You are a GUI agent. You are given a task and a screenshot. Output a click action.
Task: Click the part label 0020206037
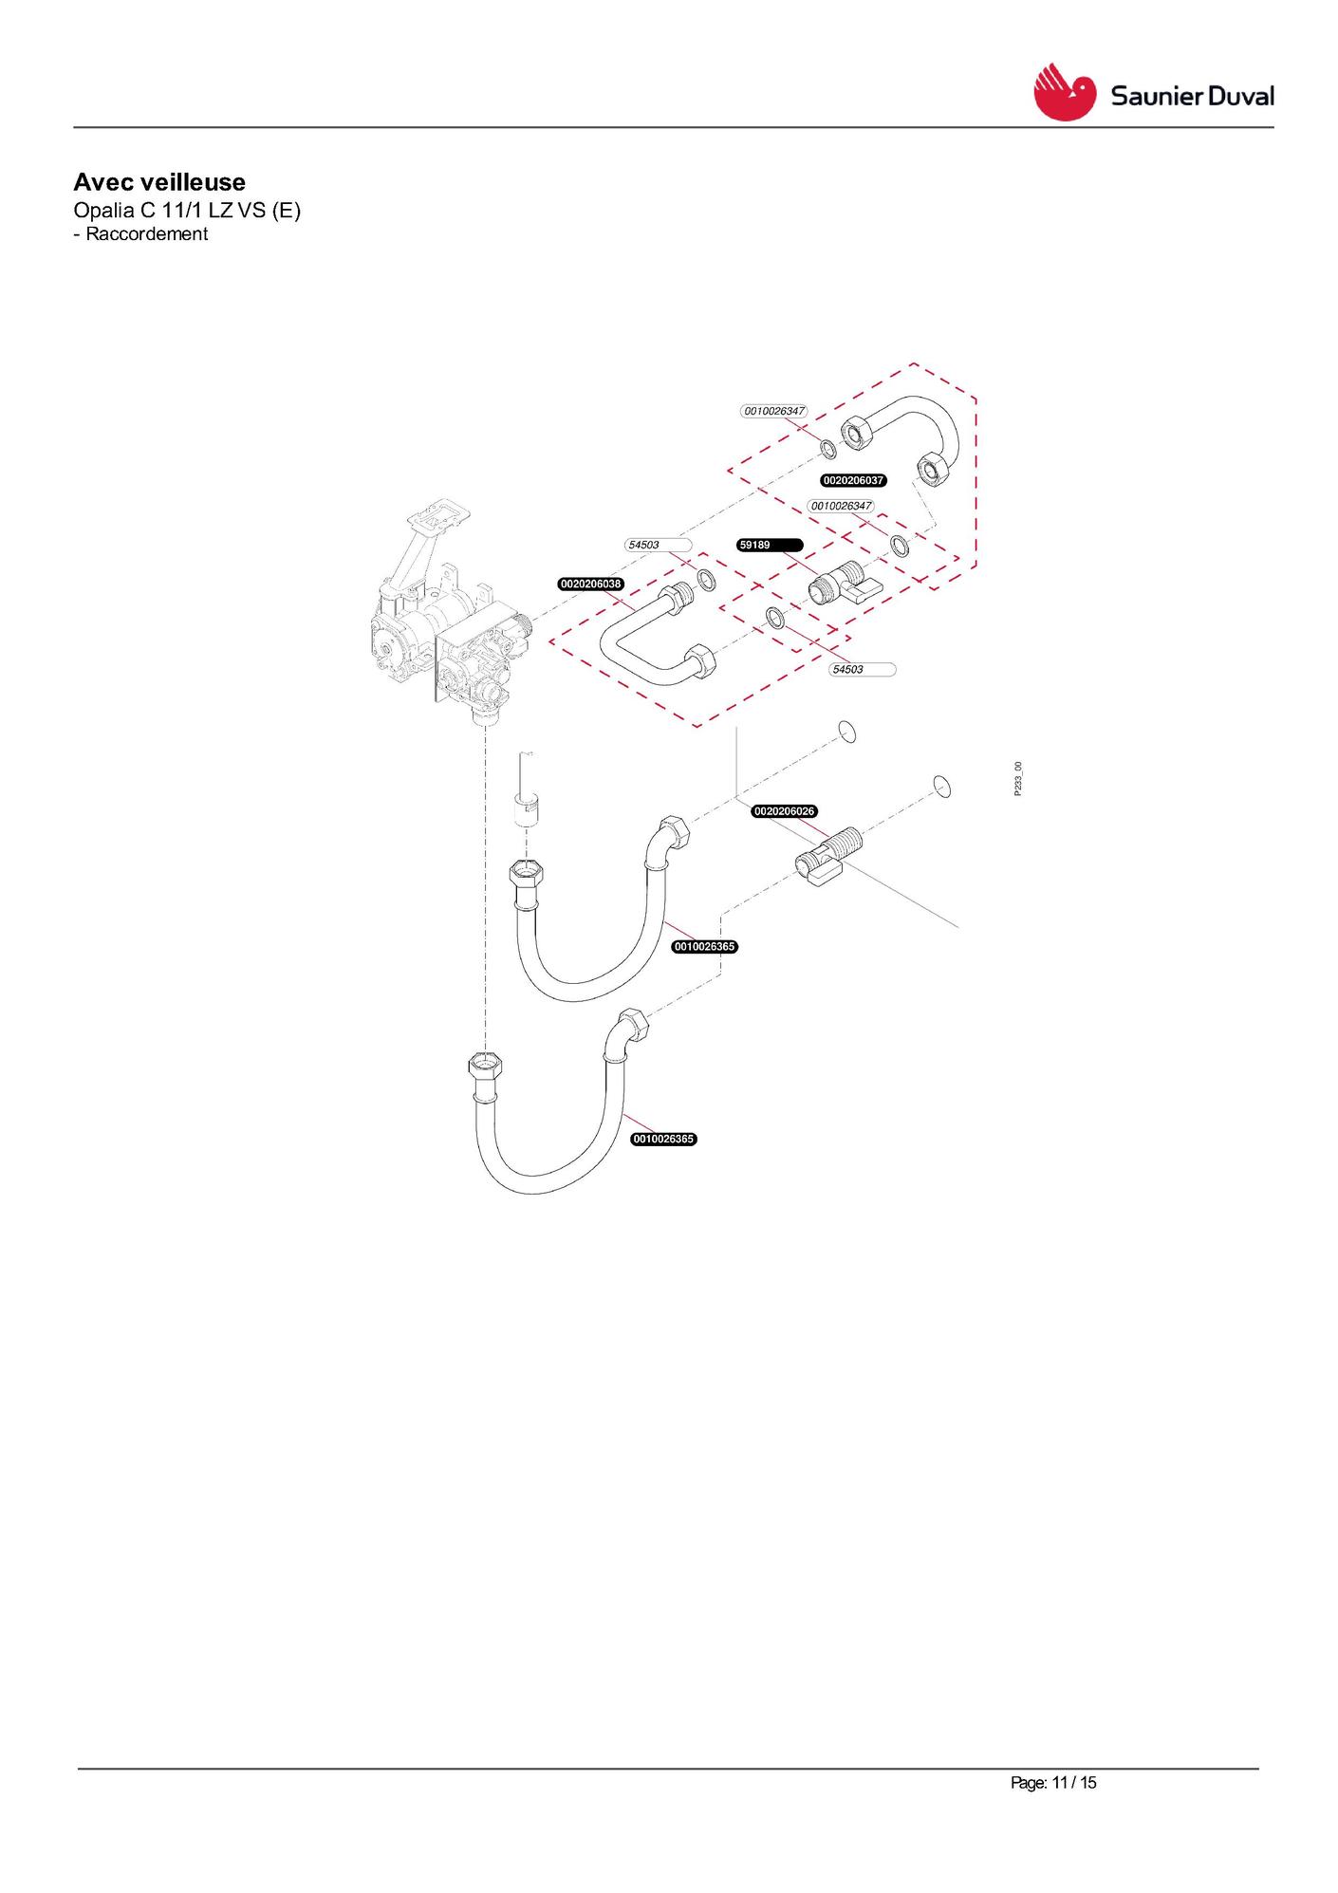(854, 480)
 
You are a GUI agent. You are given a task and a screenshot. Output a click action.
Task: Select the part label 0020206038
(591, 584)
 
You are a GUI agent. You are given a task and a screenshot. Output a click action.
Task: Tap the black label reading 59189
(771, 545)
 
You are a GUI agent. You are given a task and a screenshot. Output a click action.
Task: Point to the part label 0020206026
(784, 811)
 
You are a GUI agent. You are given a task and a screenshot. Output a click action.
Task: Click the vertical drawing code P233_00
(1017, 779)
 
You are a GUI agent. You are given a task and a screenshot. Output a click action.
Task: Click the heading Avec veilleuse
(159, 182)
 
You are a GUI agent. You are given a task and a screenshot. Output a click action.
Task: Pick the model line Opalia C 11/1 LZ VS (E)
(187, 210)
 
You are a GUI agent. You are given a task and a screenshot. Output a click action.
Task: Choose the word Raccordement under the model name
(146, 233)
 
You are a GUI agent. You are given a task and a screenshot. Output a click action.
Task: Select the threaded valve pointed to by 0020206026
(828, 857)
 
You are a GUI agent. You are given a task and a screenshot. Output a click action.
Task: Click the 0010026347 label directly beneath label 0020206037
(841, 506)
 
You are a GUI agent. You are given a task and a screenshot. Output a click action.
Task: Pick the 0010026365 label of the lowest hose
(664, 1139)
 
